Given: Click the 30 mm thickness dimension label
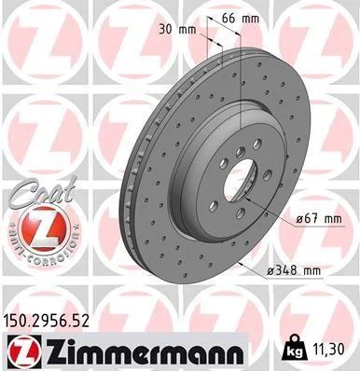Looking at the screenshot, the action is pyautogui.click(x=177, y=30).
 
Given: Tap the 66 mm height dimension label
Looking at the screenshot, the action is pyautogui.click(x=241, y=19).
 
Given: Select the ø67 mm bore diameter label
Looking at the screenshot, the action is pyautogui.click(x=319, y=219).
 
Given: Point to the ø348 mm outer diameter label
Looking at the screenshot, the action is pyautogui.click(x=294, y=271).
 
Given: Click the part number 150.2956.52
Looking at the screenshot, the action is pyautogui.click(x=46, y=321).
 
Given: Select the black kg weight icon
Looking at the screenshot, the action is pyautogui.click(x=296, y=348).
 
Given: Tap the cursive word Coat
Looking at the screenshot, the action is pyautogui.click(x=43, y=192).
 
